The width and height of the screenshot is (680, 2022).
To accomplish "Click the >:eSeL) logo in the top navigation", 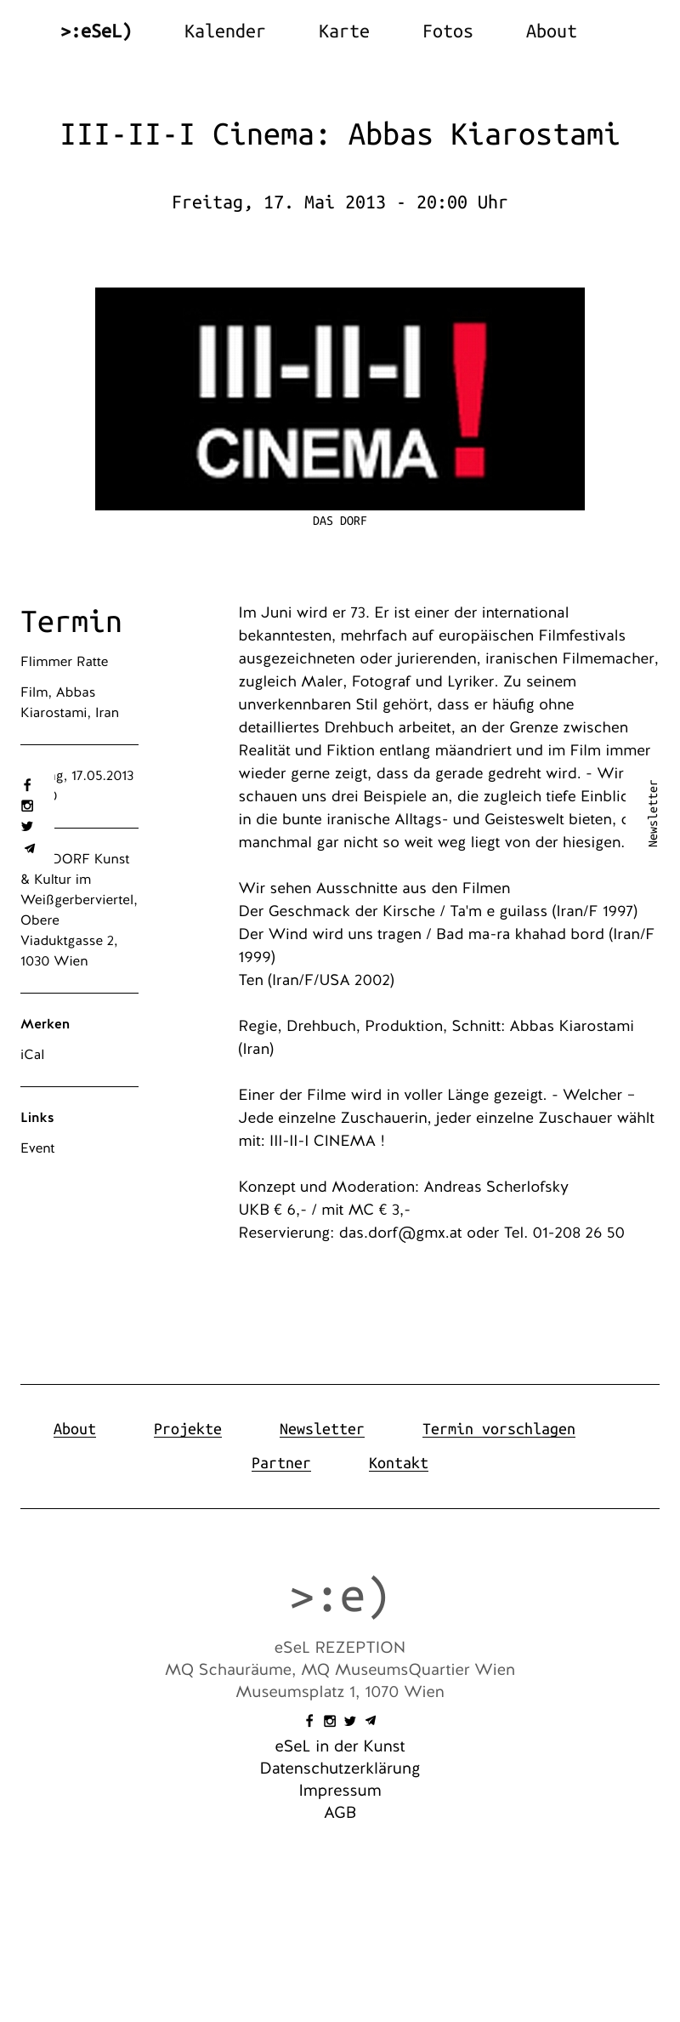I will coord(96,31).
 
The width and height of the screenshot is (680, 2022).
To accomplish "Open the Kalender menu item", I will coord(224,31).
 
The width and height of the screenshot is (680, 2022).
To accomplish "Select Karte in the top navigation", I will coord(343,31).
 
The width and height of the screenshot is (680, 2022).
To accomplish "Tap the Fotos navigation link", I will coord(447,31).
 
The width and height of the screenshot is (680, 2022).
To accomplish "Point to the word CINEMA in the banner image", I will coord(316,454).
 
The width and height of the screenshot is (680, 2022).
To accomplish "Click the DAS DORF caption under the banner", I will coord(339,521).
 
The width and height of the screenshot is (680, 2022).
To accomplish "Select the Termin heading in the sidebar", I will coord(71,622).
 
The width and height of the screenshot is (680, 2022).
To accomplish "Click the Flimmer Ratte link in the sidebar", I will coord(65,662).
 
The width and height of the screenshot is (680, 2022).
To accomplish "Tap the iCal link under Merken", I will coord(32,1055).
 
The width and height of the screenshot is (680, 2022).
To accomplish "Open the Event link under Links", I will coord(37,1148).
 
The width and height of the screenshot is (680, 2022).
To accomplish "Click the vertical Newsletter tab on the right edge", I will coord(653,813).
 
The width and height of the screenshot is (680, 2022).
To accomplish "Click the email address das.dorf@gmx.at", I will coord(400,1233).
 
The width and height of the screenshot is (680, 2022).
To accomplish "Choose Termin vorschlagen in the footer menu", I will coord(498,1429).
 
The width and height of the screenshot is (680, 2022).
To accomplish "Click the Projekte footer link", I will coord(187,1429).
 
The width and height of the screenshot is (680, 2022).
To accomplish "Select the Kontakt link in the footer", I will coord(398,1463).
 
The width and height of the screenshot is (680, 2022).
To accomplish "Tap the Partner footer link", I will coord(280,1463).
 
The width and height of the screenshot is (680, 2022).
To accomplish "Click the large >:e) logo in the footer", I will coord(339,1597).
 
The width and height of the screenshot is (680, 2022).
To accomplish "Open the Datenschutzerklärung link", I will coord(340,1769).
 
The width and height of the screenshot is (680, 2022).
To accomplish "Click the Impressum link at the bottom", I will coord(340,1791).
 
